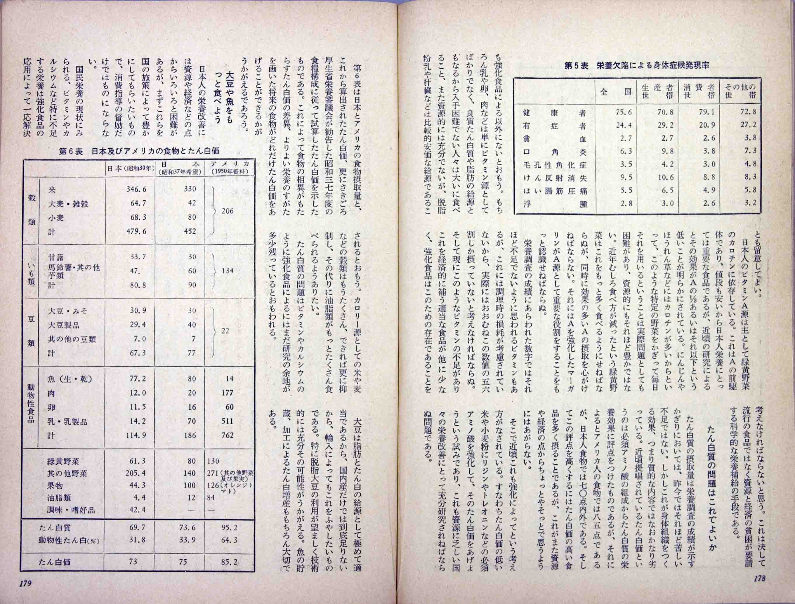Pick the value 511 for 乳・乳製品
(227, 421)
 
